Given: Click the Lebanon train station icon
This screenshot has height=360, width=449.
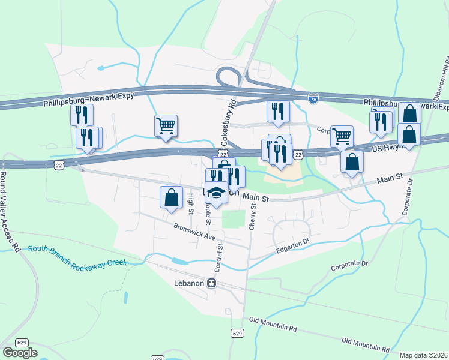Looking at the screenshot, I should tap(212, 283).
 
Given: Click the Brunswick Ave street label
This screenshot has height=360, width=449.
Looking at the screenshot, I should tap(194, 232).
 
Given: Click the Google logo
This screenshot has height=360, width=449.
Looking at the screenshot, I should tap(20, 353).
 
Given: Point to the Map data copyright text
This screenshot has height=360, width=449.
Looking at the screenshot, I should tap(424, 355).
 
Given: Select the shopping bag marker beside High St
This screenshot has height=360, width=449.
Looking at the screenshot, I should tap(171, 197).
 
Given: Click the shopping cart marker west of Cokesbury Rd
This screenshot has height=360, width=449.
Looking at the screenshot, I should tap(166, 126).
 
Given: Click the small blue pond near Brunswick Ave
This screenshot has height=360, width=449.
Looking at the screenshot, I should tap(179, 262).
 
